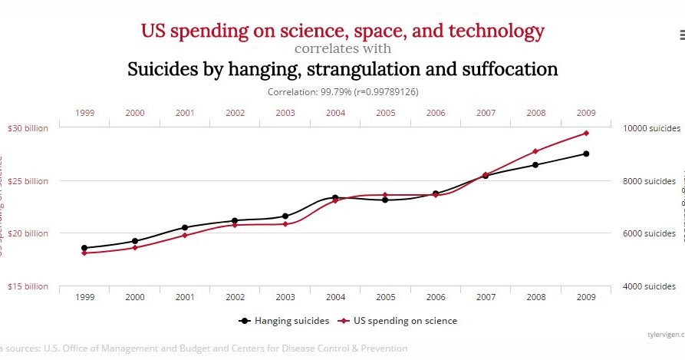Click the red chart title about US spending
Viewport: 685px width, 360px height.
pos(342,31)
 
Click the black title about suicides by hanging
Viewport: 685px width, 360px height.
pos(342,70)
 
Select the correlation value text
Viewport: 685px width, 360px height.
pos(342,91)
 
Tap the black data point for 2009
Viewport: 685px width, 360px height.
pos(585,154)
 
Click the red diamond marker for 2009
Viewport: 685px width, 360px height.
pos(585,133)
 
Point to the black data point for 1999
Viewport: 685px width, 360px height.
pos(84,248)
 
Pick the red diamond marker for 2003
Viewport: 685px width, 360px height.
pos(285,223)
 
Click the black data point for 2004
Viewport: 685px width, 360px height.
pos(335,198)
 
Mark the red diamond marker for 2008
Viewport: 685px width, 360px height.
pos(535,151)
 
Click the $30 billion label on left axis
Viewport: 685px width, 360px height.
pos(28,128)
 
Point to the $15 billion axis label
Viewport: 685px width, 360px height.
pos(28,286)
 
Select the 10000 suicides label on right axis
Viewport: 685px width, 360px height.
pos(648,128)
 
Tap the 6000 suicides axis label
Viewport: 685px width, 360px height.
pos(649,233)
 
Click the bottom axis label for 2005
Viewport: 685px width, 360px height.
pos(385,296)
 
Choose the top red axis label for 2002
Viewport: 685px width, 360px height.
pos(235,113)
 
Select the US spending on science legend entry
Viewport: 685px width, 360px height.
pos(399,321)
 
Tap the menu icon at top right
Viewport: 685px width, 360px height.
pos(681,34)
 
